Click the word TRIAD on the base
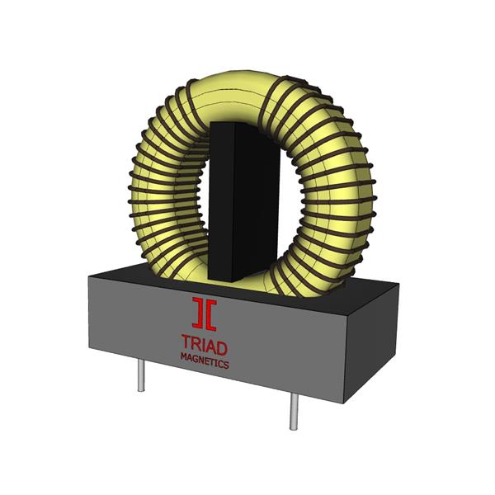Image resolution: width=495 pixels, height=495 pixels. [x=204, y=343]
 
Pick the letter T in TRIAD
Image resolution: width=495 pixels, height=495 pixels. [x=185, y=342]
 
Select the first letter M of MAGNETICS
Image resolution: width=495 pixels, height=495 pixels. [x=183, y=357]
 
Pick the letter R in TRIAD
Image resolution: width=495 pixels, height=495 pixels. [x=195, y=342]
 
